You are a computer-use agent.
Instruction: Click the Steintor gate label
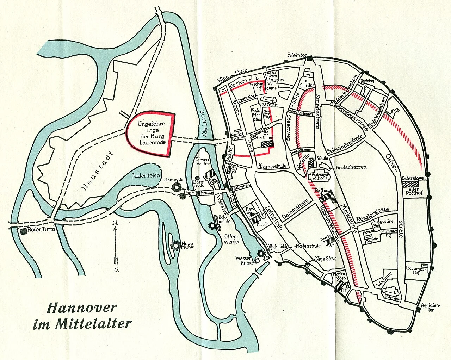pos(297,55)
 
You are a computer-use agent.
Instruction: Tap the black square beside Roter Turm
pos(23,231)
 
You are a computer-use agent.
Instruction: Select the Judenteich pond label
pos(146,175)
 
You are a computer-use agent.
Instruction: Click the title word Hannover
pos(82,308)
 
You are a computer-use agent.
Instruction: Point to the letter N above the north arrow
pos(115,223)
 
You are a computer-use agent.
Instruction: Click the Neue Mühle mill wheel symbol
pos(175,246)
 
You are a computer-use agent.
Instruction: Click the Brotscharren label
pos(351,167)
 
